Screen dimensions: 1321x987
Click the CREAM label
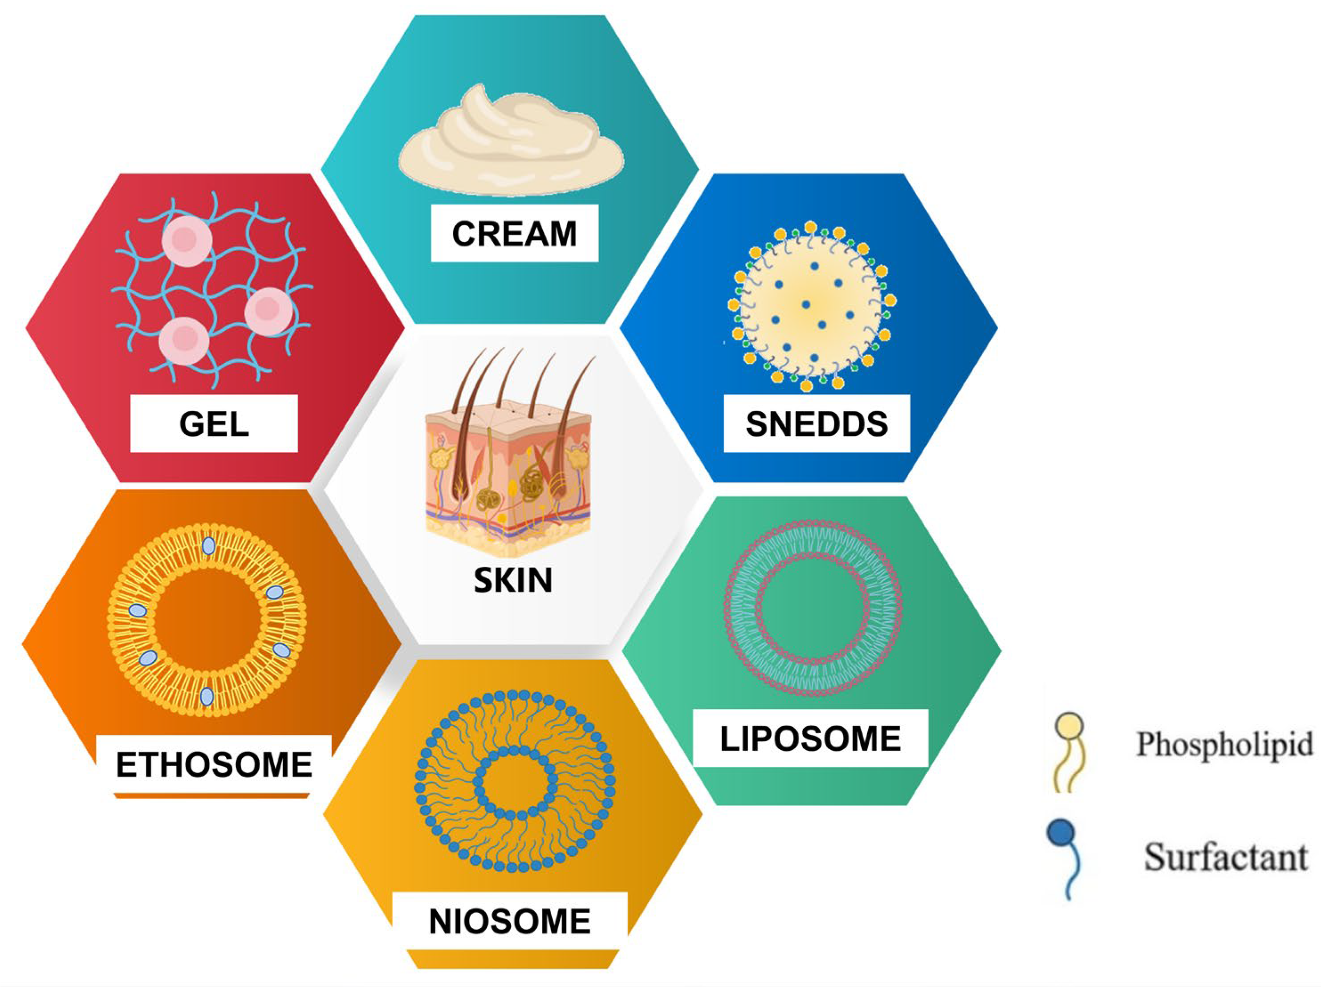[514, 233]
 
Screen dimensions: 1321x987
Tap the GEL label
[214, 424]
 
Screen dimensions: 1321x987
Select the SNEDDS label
[817, 424]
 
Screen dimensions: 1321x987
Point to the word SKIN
[513, 580]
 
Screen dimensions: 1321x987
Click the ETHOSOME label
[214, 765]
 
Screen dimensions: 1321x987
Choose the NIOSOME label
[509, 921]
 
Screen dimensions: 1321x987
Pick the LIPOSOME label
[810, 739]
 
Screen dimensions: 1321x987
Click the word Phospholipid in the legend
[1224, 744]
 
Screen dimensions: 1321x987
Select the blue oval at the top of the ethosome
[208, 546]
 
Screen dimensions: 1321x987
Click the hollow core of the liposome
[813, 608]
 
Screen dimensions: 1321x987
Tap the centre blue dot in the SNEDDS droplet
[806, 305]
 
